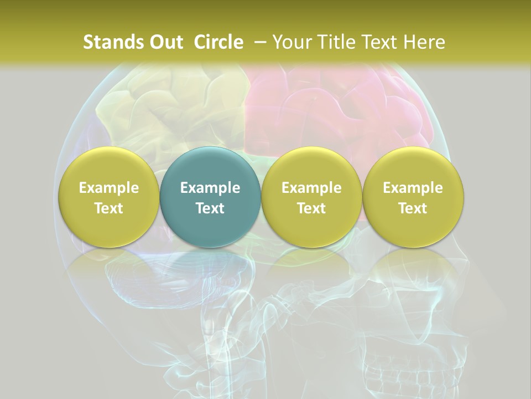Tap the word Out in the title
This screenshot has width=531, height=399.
point(164,42)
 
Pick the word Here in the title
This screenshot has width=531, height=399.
point(424,42)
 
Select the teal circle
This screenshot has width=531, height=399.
point(210,197)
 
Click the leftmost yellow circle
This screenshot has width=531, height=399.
point(108,197)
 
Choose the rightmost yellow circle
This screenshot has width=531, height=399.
point(413,197)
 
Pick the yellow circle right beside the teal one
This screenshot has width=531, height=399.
point(311,197)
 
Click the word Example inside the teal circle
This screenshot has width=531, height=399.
point(210,188)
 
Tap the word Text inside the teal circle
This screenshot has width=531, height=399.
point(210,208)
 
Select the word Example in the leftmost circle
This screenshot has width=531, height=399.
point(108,188)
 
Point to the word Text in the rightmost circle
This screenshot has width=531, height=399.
point(413,208)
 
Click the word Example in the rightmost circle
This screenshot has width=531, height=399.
point(413,188)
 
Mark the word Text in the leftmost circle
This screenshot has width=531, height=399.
point(108,208)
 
